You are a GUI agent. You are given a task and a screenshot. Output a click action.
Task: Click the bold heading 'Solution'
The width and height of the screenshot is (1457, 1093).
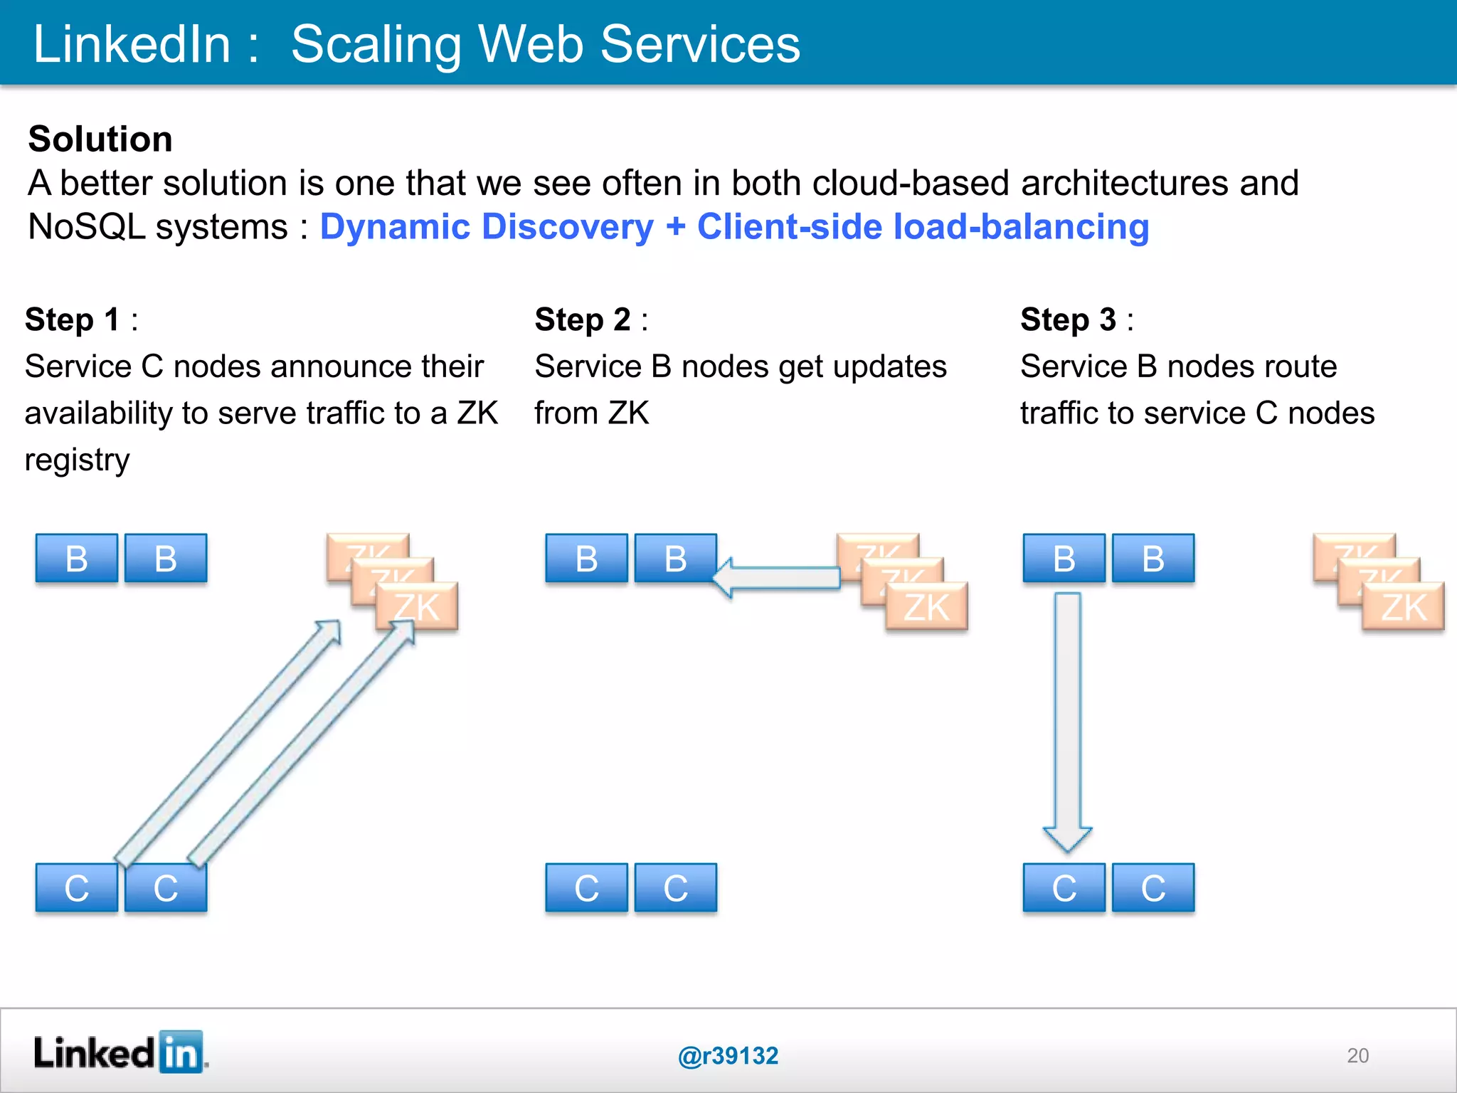pos(100,139)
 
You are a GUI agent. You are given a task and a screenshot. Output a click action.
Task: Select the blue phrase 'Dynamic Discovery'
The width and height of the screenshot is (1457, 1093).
pos(487,228)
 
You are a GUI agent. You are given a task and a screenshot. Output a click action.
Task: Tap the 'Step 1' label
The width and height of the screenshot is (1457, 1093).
pos(72,320)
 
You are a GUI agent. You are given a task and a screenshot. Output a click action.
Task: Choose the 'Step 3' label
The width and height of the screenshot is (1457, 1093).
pos(1068,320)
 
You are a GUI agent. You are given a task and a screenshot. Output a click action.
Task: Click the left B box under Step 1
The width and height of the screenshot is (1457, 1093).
pos(77,559)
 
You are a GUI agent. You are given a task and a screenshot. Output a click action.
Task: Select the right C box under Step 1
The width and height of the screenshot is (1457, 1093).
pos(166,888)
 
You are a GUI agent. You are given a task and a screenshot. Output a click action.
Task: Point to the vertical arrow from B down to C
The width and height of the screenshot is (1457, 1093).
pos(1067,719)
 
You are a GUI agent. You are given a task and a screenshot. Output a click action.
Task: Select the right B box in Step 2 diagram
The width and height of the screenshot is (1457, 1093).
pos(675,559)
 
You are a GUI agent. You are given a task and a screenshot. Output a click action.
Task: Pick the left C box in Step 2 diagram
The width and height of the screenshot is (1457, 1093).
pos(586,888)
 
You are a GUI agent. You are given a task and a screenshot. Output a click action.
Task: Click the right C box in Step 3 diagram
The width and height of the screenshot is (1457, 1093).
pos(1153,888)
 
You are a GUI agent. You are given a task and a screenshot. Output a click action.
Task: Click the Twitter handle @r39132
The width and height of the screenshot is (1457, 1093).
pos(728,1056)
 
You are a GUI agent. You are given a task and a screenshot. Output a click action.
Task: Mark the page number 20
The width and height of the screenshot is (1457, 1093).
pos(1357,1055)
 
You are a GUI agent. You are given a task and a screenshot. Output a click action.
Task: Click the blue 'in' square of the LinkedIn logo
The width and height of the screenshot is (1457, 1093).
pos(181,1052)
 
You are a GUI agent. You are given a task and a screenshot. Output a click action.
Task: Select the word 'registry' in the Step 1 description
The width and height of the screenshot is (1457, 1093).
pos(77,460)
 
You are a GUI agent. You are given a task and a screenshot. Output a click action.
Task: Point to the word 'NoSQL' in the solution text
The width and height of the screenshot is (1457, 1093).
pos(86,228)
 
